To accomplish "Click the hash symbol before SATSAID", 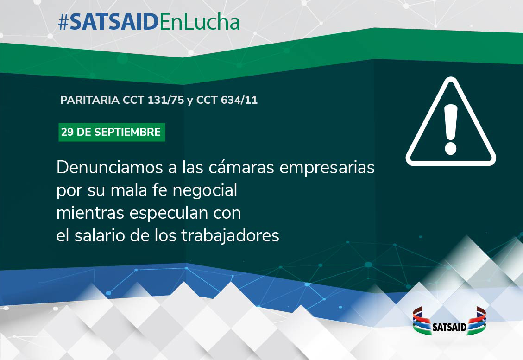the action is point(63,23).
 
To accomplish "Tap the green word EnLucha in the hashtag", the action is point(200,22).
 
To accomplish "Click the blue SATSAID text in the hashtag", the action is point(114,22).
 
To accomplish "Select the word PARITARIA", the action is point(90,100).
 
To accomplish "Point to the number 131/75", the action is point(166,100).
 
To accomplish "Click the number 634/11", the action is point(239,100).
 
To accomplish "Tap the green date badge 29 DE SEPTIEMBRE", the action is point(112,132).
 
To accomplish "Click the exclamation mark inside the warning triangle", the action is point(451,129).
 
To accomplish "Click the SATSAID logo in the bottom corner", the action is point(449,321).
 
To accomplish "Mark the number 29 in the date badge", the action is point(67,132).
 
